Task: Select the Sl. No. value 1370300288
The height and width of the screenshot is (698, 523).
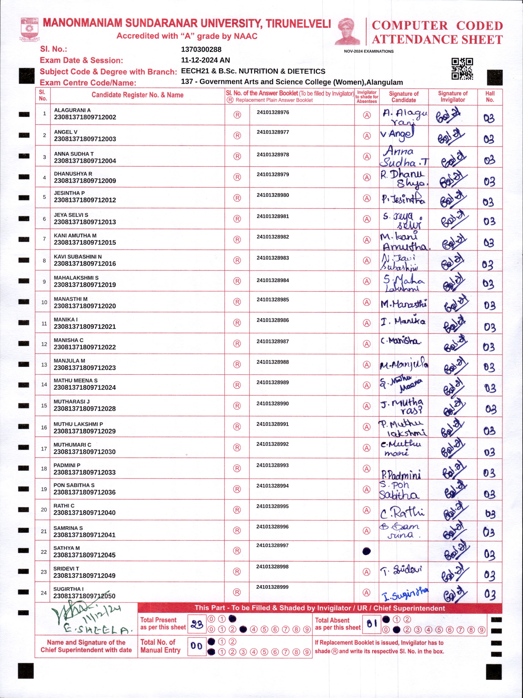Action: (201, 49)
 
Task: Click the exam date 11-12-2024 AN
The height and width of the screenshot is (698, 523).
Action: (205, 60)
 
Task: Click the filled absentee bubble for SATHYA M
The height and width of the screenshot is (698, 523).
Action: (366, 551)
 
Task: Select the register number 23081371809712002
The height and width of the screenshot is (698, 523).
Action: (85, 117)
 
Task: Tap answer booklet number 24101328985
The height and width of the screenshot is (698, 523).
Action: (273, 300)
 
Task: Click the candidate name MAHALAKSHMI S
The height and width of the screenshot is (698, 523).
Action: (76, 278)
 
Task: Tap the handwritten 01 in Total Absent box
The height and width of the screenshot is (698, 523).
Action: (372, 624)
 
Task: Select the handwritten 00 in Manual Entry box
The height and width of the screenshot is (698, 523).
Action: (196, 646)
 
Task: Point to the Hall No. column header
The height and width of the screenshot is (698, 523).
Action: (490, 97)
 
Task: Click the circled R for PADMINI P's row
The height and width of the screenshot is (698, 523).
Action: (237, 469)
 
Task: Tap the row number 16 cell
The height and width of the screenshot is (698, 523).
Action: (44, 427)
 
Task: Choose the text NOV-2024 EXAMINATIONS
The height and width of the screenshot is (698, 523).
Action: (369, 51)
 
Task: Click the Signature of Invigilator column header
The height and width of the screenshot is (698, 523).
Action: (453, 97)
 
